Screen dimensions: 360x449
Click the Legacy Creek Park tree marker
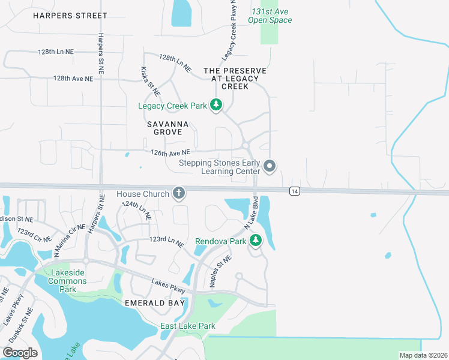pos(216,106)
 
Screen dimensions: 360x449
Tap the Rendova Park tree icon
pos(256,241)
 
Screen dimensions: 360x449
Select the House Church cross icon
pos(178,193)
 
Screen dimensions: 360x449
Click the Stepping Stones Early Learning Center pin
pos(270,166)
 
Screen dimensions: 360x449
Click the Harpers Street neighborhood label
pos(70,15)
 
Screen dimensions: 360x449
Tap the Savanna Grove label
pos(168,130)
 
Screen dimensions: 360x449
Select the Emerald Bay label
pos(153,303)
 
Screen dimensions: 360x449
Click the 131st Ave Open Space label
pos(271,16)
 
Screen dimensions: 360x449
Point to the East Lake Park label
pos(187,326)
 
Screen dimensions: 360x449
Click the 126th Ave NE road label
pos(170,152)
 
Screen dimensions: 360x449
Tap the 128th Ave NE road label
pos(73,79)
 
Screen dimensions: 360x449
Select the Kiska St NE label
pos(151,82)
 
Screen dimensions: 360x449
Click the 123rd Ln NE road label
pos(166,241)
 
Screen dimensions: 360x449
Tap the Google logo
pos(20,353)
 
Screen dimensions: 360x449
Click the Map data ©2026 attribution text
pos(423,355)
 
